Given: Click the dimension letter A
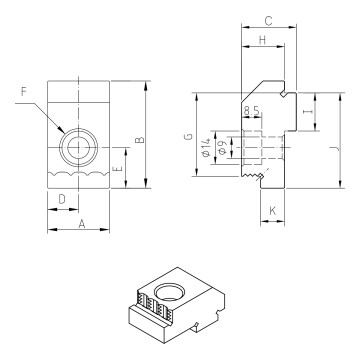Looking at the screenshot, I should click(x=79, y=226).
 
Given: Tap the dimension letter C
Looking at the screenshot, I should click(x=268, y=20).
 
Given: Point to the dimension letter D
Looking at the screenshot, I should click(x=61, y=201).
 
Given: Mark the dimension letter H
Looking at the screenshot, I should click(x=261, y=40).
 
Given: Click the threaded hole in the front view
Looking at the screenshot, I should click(x=75, y=148).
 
